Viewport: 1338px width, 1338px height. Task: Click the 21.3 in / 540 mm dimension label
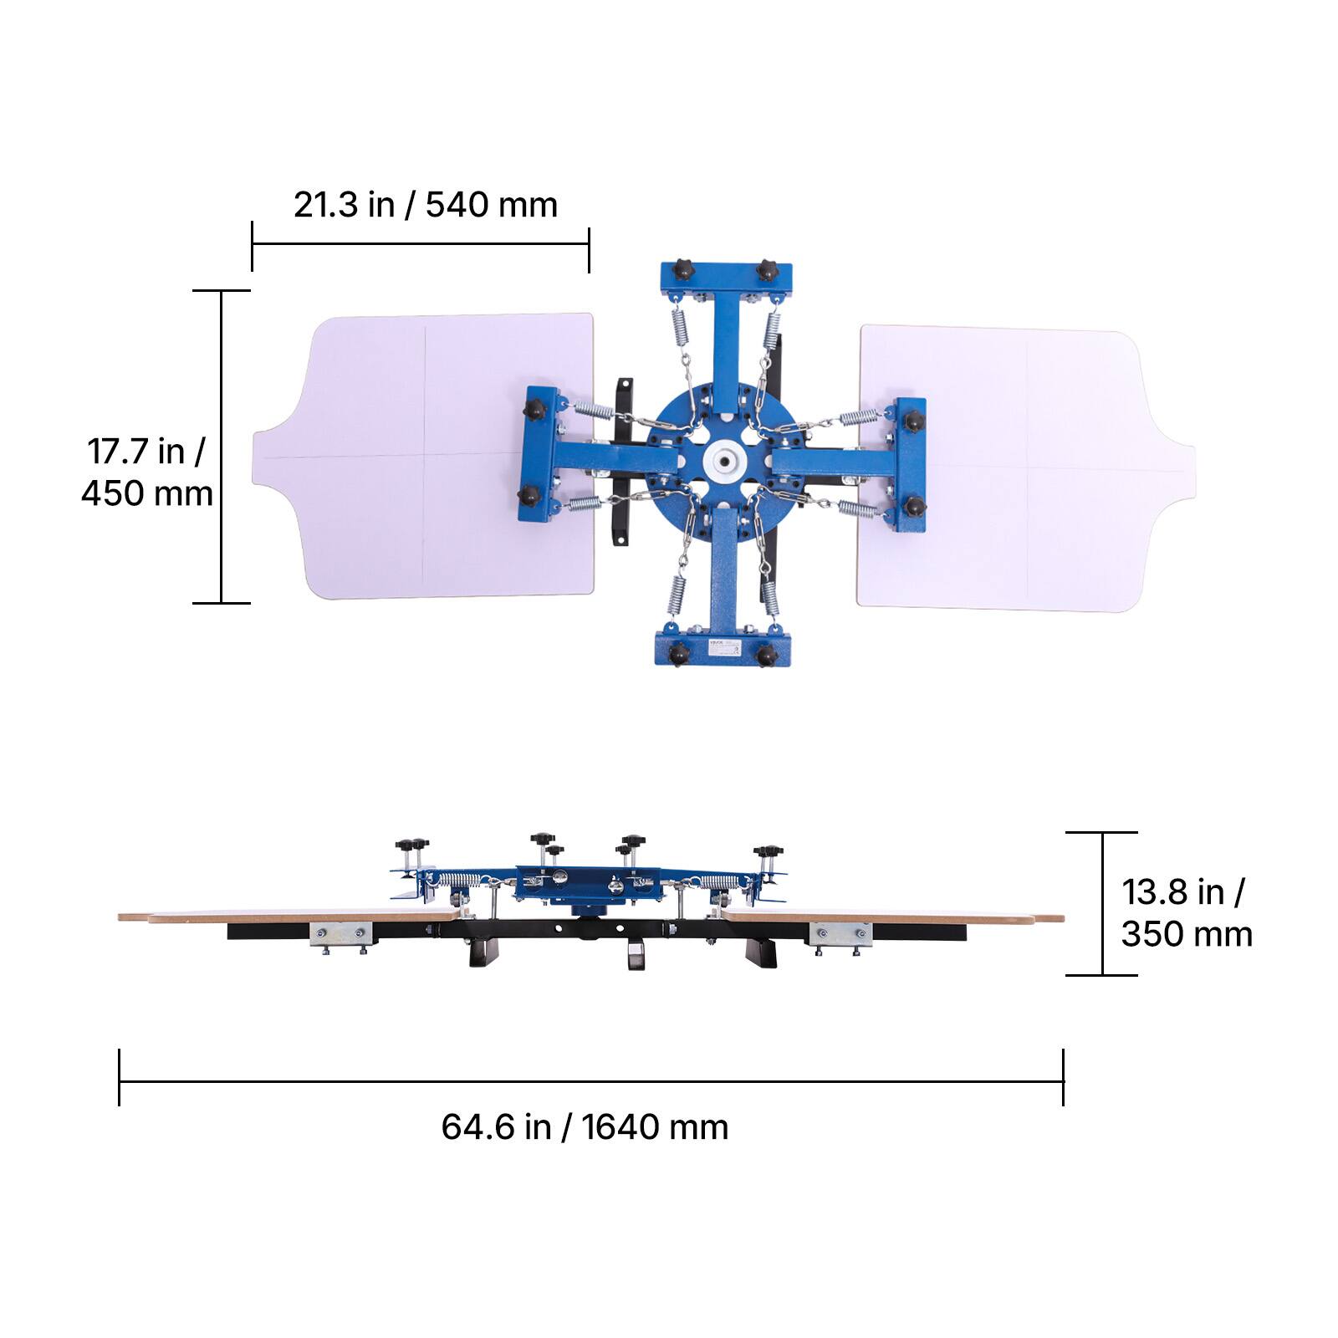[x=425, y=205]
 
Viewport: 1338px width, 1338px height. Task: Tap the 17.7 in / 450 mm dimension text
[x=147, y=472]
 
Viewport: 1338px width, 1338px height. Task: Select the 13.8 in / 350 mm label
[x=1187, y=913]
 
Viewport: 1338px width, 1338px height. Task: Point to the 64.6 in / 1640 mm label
[x=585, y=1127]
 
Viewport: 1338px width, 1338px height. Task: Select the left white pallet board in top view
[x=423, y=457]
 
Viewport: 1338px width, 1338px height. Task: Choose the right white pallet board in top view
[x=1026, y=467]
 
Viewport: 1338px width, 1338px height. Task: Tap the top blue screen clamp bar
[x=726, y=278]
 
